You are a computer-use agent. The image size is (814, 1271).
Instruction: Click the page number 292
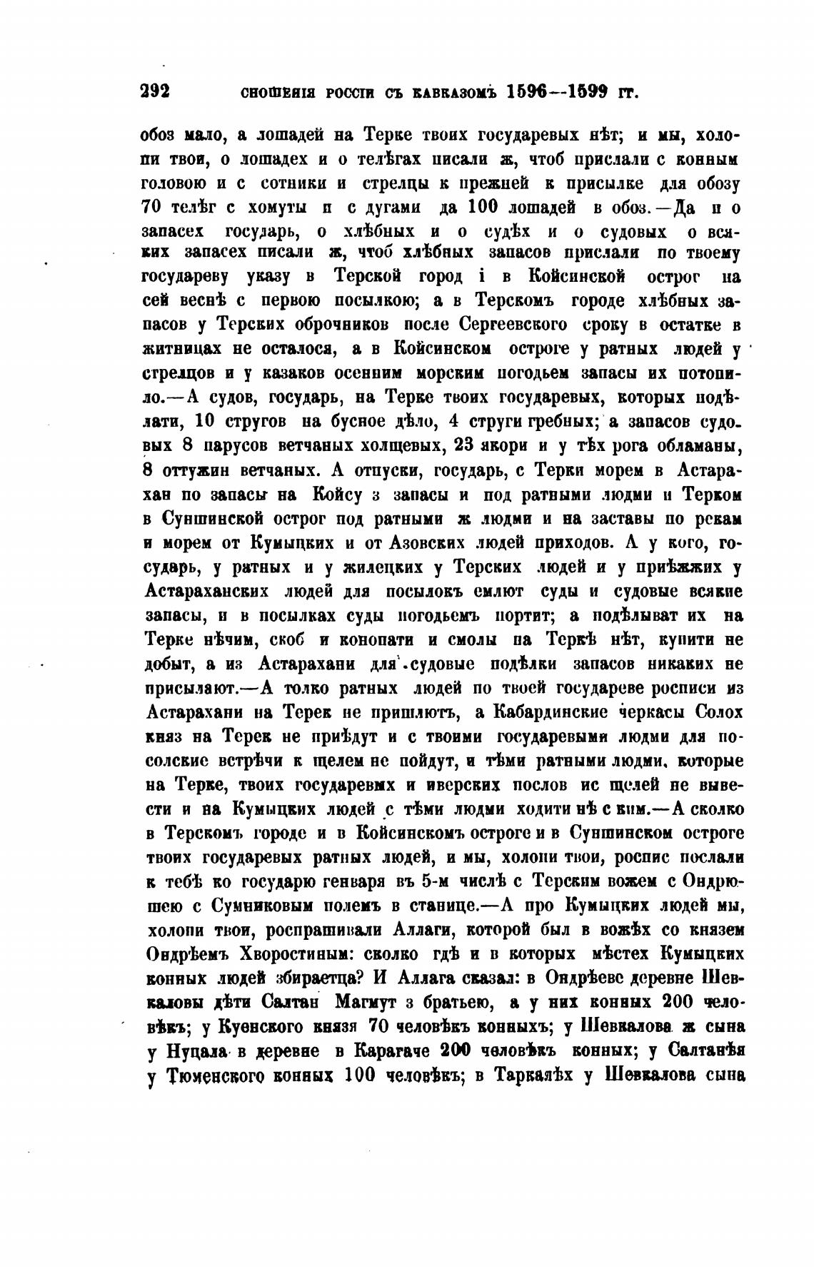tap(154, 91)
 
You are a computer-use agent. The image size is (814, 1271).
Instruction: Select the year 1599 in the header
tap(598, 92)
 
